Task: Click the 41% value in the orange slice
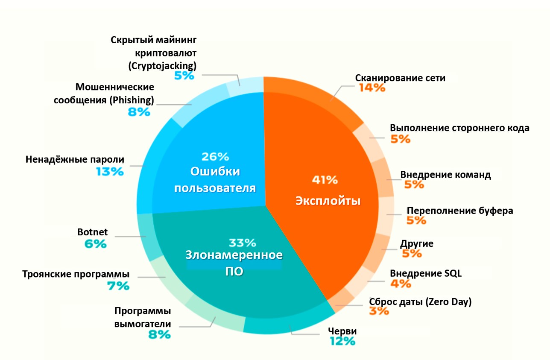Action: tap(325, 180)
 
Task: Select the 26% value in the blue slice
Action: tap(215, 156)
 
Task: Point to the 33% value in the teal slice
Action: tap(242, 243)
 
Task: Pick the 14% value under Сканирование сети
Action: tap(372, 88)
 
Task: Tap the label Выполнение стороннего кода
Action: tap(459, 128)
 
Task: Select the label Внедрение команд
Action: tap(445, 175)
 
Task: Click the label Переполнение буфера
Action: tap(459, 211)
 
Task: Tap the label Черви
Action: tap(342, 331)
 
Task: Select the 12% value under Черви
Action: tap(342, 341)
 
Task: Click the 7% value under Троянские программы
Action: tap(118, 286)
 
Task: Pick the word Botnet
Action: tap(93, 233)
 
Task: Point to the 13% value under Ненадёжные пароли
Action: tap(110, 172)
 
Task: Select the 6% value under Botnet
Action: tap(95, 244)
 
